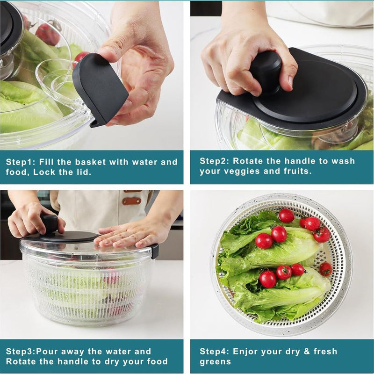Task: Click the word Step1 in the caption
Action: (x=21, y=162)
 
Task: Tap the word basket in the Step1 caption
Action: (x=90, y=162)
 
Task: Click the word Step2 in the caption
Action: (x=215, y=161)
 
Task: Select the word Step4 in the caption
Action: (x=215, y=352)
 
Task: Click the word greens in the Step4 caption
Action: (x=216, y=362)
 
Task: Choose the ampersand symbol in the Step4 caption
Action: (x=307, y=352)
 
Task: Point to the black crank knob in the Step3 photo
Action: (x=50, y=224)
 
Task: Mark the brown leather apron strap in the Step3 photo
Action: (x=132, y=201)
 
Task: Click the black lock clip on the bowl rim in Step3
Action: (x=155, y=251)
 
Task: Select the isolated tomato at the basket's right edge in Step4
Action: (x=325, y=269)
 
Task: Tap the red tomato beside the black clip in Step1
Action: (x=80, y=57)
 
